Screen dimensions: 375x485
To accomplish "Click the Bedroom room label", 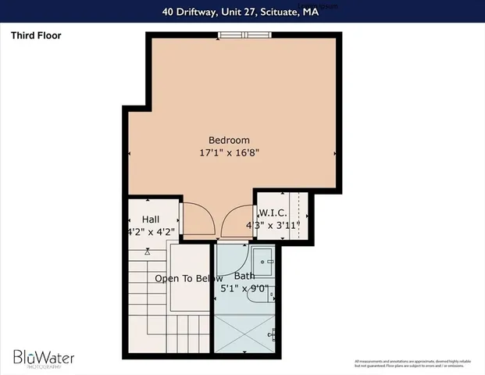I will (229, 140).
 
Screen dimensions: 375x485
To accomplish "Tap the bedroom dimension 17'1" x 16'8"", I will (229, 154).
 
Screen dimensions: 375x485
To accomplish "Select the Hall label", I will (151, 220).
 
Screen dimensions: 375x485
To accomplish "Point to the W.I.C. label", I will (273, 213).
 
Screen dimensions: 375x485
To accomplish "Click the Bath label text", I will (244, 276).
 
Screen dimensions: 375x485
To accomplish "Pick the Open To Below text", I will (188, 279).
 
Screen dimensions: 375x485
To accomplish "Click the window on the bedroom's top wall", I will (244, 34).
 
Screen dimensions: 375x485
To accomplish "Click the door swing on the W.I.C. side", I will (236, 220).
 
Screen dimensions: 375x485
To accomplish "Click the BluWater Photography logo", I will (43, 359).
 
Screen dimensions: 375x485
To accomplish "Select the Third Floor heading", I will (37, 35).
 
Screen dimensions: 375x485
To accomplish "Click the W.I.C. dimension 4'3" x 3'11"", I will (273, 226).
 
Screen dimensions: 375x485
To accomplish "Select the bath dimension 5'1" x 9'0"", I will (244, 288).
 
